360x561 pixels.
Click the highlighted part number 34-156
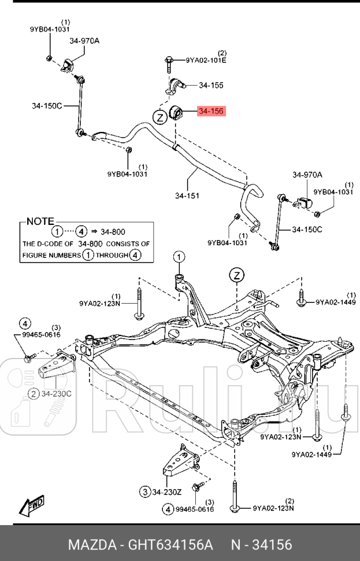pyautogui.click(x=211, y=111)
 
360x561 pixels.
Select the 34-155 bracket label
pyautogui.click(x=211, y=86)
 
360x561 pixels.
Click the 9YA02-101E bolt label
pyautogui.click(x=206, y=60)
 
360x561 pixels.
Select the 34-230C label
pyautogui.click(x=55, y=394)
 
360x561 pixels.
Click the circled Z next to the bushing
pyautogui.click(x=160, y=117)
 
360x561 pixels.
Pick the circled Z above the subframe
pyautogui.click(x=236, y=274)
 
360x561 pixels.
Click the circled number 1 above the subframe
pyautogui.click(x=179, y=257)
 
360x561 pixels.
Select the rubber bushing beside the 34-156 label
pyautogui.click(x=176, y=112)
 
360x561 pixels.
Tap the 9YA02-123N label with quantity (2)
pyautogui.click(x=273, y=508)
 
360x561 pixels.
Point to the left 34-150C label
pyautogui.click(x=47, y=106)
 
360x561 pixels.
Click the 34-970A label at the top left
pyautogui.click(x=85, y=40)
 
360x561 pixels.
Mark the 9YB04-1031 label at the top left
pyautogui.click(x=50, y=29)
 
